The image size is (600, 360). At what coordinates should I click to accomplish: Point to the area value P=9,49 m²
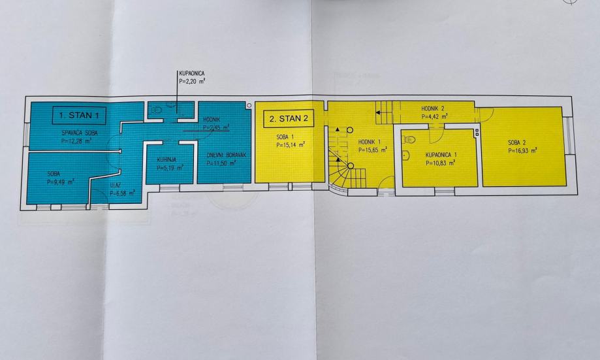pos(61,182)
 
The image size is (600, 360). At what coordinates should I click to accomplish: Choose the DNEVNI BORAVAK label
pos(224,155)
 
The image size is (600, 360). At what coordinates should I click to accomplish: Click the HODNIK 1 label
pos(371,141)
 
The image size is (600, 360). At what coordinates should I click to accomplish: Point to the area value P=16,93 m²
pos(522,150)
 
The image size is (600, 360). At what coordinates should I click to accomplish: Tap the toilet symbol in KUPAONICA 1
pos(410,139)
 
